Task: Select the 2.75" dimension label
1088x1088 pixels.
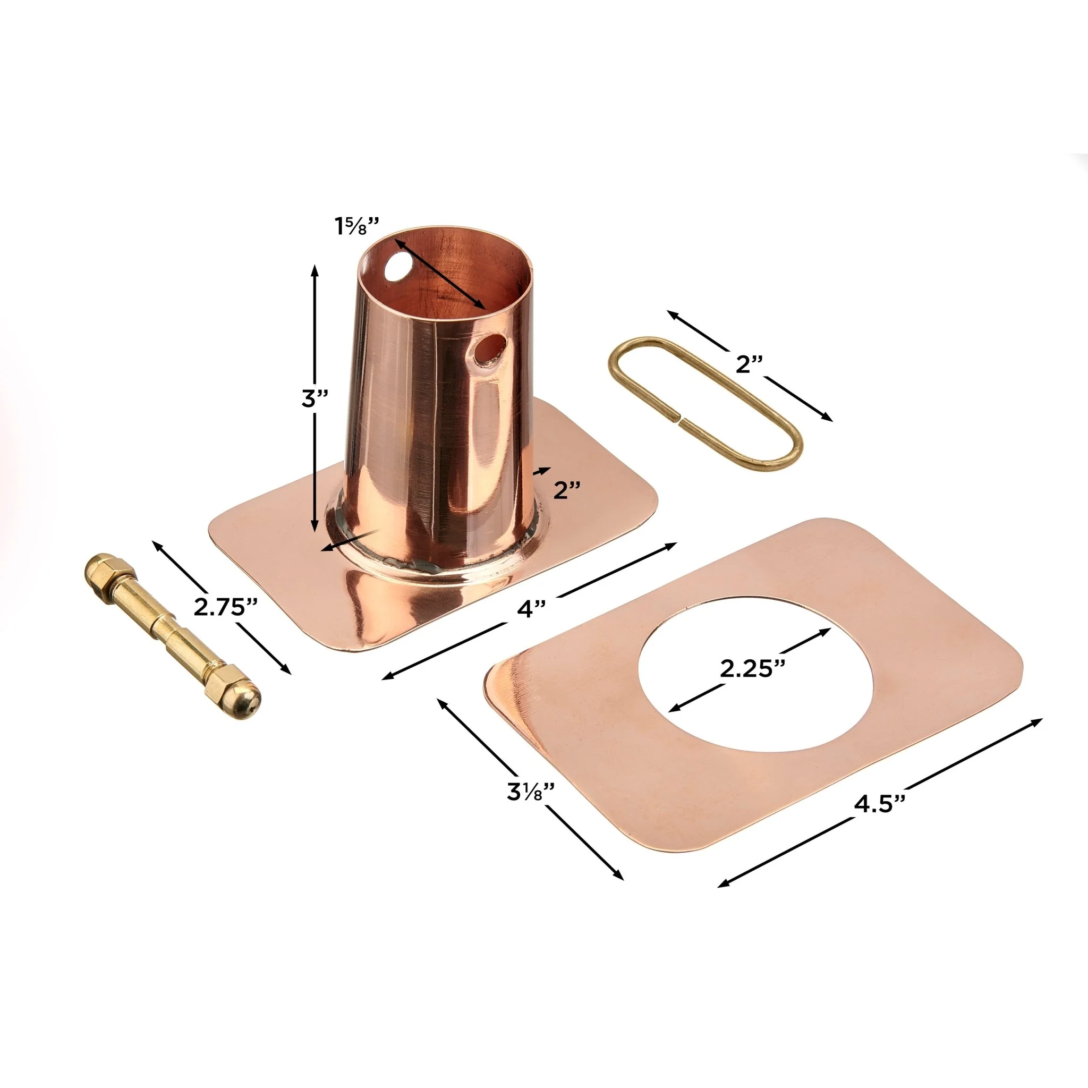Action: tap(226, 607)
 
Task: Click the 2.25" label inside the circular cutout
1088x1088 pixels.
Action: tap(753, 668)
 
